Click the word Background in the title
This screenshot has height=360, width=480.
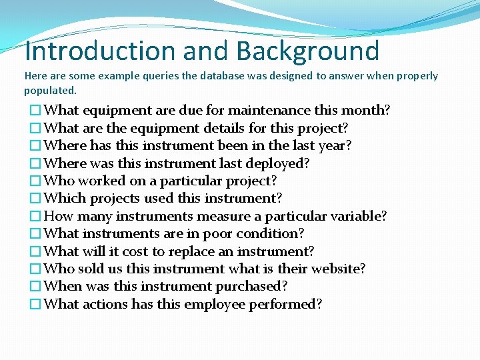pyautogui.click(x=307, y=51)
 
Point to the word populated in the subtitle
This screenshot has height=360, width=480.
pyautogui.click(x=49, y=90)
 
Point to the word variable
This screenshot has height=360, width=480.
pyautogui.click(x=357, y=216)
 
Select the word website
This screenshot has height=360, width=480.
pyautogui.click(x=337, y=269)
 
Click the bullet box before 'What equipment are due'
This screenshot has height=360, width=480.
pyautogui.click(x=35, y=111)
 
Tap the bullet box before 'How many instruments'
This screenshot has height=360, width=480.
pyautogui.click(x=35, y=216)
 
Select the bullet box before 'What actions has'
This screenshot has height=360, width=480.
pyautogui.click(x=35, y=305)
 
